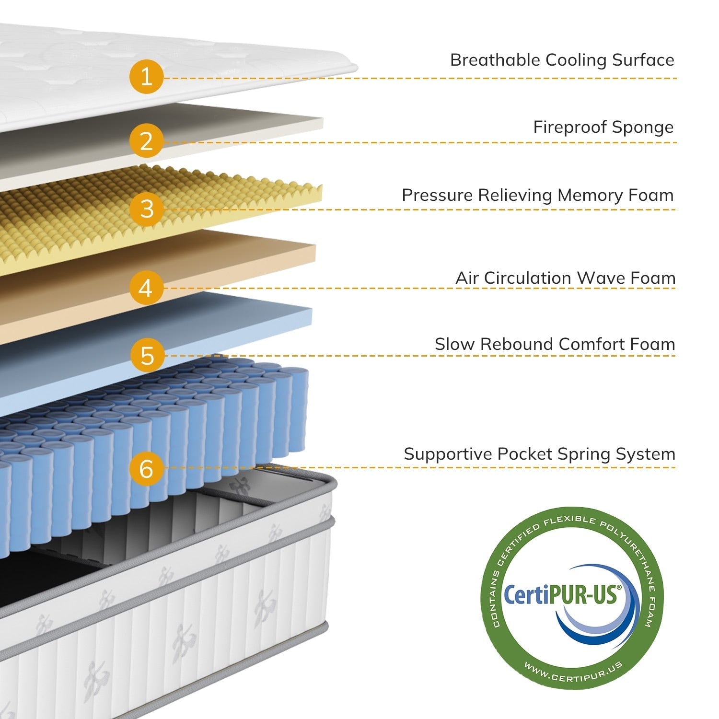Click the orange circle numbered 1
[146, 77]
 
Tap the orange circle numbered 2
[146, 141]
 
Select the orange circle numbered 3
[147, 209]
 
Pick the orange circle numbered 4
[146, 288]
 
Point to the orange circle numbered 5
[147, 355]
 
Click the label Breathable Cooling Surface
[562, 60]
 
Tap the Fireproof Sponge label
[603, 127]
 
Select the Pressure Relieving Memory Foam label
[537, 195]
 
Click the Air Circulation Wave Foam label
[565, 278]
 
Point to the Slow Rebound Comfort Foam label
[555, 344]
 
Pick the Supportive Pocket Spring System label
[539, 454]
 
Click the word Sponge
[643, 128]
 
